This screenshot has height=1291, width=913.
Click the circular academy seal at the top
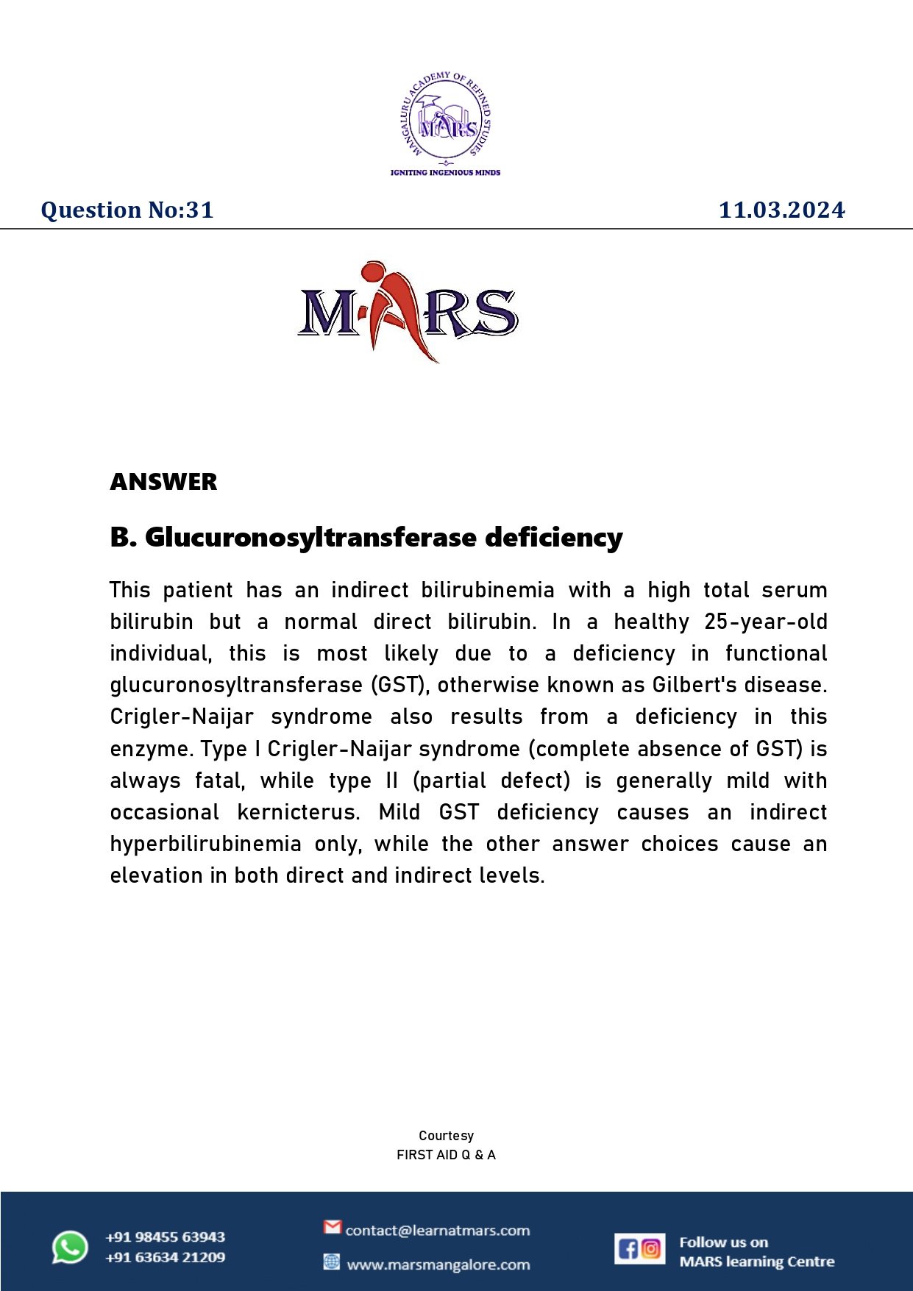pyautogui.click(x=445, y=118)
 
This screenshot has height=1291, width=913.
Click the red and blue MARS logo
pyautogui.click(x=408, y=312)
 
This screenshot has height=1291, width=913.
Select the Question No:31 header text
pyautogui.click(x=127, y=210)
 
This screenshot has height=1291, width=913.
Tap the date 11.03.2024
pyautogui.click(x=781, y=210)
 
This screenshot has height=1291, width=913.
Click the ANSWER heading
pyautogui.click(x=163, y=482)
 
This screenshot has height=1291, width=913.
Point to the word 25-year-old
pyautogui.click(x=765, y=622)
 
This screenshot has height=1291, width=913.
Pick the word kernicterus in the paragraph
pyautogui.click(x=297, y=813)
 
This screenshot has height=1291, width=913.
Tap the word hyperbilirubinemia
pyautogui.click(x=205, y=844)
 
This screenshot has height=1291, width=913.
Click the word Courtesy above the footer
pyautogui.click(x=446, y=1136)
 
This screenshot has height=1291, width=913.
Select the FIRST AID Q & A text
pyautogui.click(x=446, y=1155)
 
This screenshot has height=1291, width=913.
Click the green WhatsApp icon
pyautogui.click(x=70, y=1248)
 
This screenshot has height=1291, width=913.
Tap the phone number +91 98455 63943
pyautogui.click(x=165, y=1237)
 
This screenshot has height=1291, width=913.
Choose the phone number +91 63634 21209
pyautogui.click(x=165, y=1257)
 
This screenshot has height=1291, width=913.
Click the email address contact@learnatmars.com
pyautogui.click(x=437, y=1231)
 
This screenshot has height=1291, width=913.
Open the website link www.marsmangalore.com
pyautogui.click(x=438, y=1265)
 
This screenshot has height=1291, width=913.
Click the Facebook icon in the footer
pyautogui.click(x=628, y=1249)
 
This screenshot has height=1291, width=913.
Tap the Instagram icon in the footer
pyautogui.click(x=651, y=1249)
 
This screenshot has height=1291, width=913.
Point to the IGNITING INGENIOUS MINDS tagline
pyautogui.click(x=445, y=172)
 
